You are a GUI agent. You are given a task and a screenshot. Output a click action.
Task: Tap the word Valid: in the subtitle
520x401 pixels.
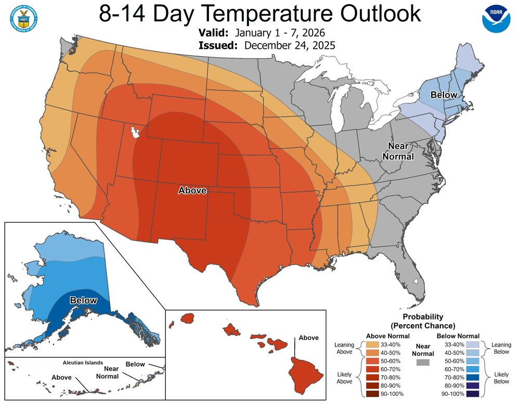tap(213, 33)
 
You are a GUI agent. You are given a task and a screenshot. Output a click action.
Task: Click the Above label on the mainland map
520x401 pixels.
tap(192, 191)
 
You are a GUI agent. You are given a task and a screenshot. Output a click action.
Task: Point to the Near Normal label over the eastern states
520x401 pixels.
tap(398, 151)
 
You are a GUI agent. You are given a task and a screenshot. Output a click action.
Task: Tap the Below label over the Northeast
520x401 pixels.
tap(444, 95)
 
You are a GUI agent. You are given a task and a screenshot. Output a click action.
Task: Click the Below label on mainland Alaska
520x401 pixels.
tap(83, 300)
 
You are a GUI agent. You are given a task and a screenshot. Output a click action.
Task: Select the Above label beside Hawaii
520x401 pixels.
tap(308, 338)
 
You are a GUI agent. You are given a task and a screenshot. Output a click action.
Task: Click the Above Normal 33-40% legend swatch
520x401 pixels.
tap(373, 344)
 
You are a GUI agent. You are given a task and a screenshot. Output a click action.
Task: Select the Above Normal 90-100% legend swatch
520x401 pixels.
tap(373, 394)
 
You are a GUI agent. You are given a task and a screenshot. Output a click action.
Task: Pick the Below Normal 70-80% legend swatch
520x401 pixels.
tap(472, 378)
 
